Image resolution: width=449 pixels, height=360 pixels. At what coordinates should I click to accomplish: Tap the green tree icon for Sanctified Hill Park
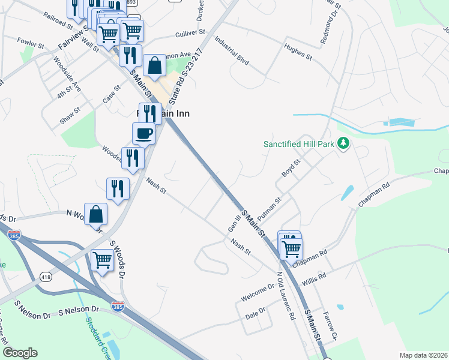343,143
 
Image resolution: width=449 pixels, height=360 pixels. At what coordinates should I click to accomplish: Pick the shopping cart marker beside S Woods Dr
103,260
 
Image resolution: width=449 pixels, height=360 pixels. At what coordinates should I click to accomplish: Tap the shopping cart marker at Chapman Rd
292,248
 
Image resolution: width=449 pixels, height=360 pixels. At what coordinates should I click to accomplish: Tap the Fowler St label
32,44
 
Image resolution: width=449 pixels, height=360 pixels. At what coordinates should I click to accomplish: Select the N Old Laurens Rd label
286,296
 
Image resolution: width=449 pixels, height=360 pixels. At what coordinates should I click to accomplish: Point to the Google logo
20,353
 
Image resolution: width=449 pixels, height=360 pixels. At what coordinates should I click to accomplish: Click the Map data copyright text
423,355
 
